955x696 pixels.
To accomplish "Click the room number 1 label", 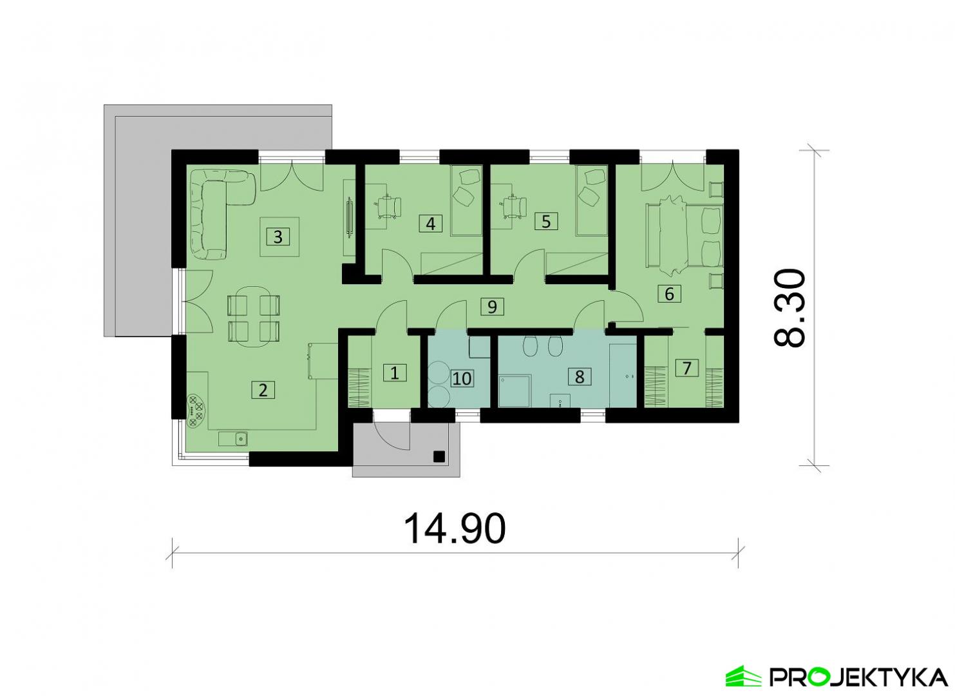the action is click(395, 373).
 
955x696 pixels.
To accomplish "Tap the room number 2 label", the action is click(263, 390).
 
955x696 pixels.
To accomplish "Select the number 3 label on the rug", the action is click(278, 237).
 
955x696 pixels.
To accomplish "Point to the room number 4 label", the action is click(431, 224).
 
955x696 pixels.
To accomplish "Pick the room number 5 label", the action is click(546, 222).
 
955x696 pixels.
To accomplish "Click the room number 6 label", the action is click(669, 294).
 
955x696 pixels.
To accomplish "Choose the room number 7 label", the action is click(687, 367).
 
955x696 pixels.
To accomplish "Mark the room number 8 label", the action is click(580, 376).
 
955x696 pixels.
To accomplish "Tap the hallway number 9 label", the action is click(492, 306).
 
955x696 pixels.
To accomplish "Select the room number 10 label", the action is click(462, 378).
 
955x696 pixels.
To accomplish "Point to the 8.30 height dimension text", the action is click(789, 307).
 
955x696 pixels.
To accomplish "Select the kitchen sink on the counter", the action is click(233, 438).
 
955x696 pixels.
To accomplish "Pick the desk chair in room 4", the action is click(390, 206).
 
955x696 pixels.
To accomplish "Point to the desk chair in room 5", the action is click(515, 206).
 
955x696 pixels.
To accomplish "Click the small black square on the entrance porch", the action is click(439, 457).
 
